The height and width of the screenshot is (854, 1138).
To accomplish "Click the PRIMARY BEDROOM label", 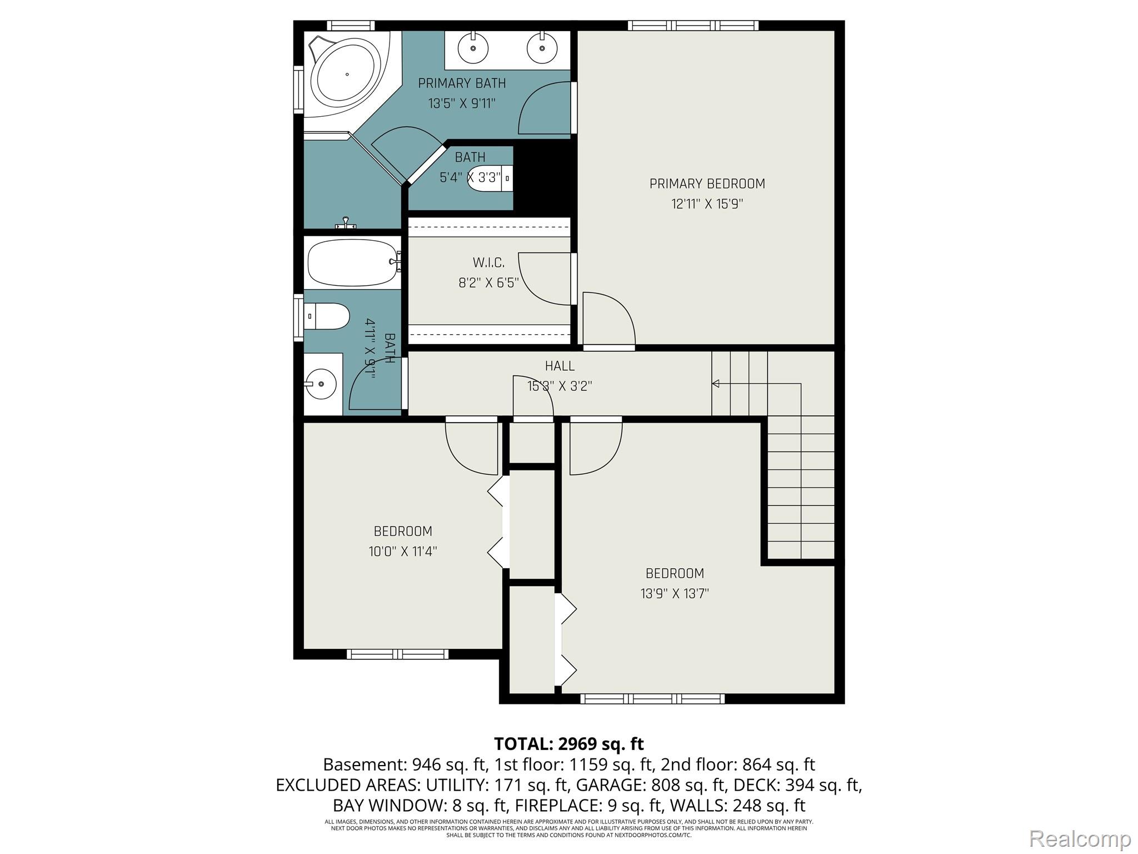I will pos(707,183).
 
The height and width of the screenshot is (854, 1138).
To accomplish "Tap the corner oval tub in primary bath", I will pos(347,74).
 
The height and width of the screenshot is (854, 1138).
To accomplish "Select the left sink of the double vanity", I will pos(473,47).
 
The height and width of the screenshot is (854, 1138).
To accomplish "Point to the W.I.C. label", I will pos(488,262).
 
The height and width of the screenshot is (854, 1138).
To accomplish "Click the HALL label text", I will pos(560,366).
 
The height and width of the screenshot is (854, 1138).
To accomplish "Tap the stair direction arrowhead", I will pos(716,384).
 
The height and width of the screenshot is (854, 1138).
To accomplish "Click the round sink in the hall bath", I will pos(322,384).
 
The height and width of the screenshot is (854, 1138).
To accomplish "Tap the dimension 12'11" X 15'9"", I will pos(707,204).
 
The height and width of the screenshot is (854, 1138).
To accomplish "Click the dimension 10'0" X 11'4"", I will pos(403,552).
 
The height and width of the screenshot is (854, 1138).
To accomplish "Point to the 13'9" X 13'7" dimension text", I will pos(675,594).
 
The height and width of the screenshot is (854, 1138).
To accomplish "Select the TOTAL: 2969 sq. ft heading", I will pos(568,743).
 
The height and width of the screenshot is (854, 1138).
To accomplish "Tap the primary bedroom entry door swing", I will pos(608,320).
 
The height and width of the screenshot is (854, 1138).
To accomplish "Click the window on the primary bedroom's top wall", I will pos(693,26).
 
